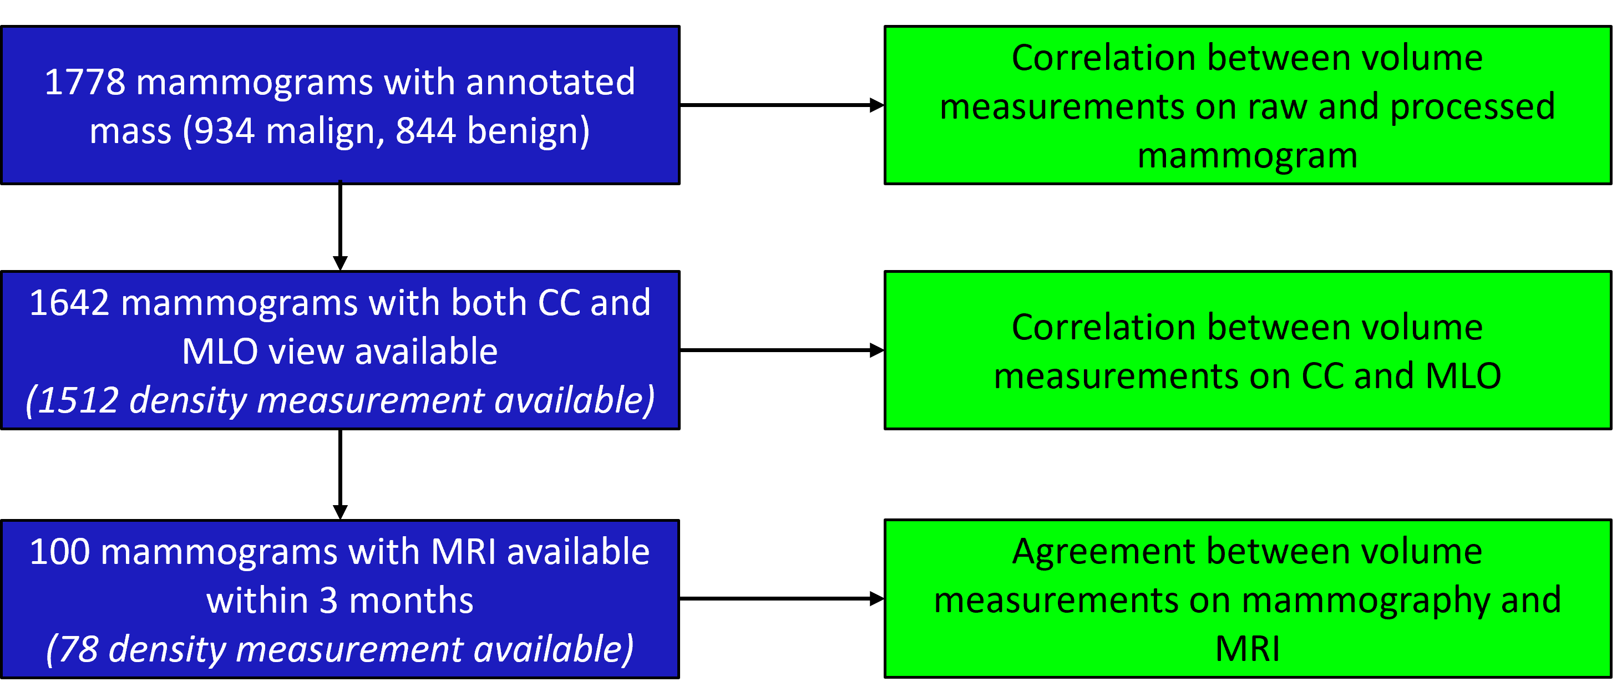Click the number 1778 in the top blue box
pos(84,83)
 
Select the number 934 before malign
pos(224,131)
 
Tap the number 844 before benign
pos(425,131)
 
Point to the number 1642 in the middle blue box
pos(69,303)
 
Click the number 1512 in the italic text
pos(79,400)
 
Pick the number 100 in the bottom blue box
pos(60,552)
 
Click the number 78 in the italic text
pos(79,649)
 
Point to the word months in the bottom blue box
pos(410,601)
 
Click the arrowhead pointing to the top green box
pos(876,105)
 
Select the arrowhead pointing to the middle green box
pos(876,350)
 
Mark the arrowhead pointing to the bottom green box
pos(876,599)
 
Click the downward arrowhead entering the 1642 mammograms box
pos(340,263)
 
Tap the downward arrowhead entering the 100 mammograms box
pos(340,511)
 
